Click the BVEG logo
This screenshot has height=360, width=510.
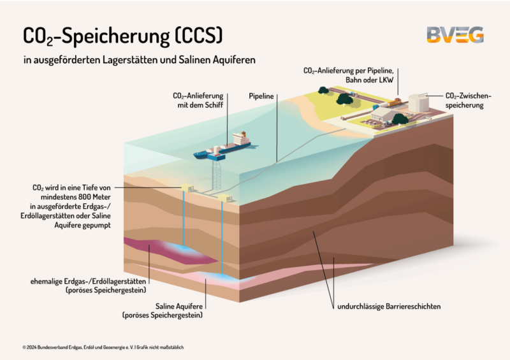455,34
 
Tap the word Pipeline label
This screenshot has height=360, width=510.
261,96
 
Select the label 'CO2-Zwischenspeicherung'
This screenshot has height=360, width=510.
469,101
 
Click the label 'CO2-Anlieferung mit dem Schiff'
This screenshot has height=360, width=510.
198,100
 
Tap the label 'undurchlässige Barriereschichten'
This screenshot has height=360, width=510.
389,306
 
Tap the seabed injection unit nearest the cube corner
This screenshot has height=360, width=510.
224,199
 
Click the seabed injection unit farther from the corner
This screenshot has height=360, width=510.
187,187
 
